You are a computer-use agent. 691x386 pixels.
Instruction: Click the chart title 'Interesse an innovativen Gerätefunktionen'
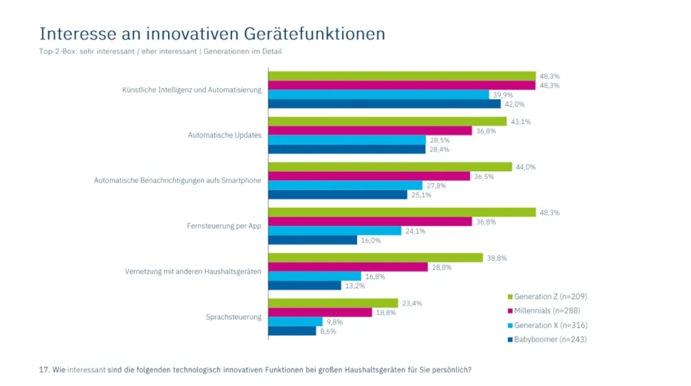pos(212,34)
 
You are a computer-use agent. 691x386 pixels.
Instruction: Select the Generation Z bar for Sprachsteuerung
pos(333,303)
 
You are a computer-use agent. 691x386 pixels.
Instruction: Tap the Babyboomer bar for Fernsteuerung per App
pos(312,240)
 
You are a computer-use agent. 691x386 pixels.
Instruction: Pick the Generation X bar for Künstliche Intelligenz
pos(379,95)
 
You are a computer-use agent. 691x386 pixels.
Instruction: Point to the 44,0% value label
pos(526,167)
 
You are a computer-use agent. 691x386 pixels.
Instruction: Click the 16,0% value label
pos(371,240)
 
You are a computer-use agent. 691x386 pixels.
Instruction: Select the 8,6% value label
pos(327,331)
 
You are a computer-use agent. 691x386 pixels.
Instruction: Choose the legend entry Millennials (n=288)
pos(545,311)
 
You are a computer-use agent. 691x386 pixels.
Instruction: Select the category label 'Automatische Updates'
pos(224,135)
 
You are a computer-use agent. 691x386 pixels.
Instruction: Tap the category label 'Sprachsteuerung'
pos(233,317)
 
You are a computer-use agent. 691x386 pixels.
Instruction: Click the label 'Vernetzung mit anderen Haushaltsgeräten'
pos(193,271)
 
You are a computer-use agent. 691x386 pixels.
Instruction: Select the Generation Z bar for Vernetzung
pos(375,258)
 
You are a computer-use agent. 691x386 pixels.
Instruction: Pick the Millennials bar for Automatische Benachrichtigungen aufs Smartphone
pos(368,176)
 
